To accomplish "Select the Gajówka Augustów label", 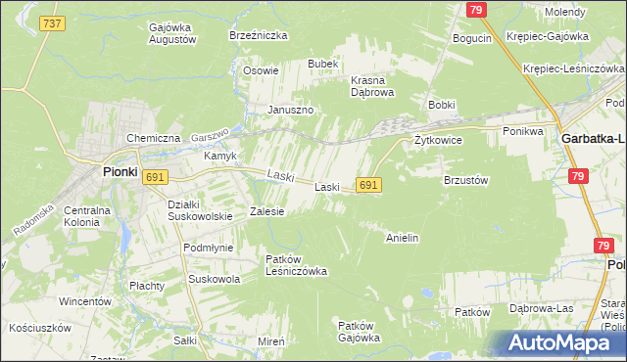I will point(172,33).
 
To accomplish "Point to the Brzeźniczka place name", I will point(258,34).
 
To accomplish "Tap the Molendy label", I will point(565,12).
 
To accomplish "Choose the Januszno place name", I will point(291,110).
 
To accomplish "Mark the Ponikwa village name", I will point(522,130).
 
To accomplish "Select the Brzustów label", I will point(465,180).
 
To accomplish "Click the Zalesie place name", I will point(266,210).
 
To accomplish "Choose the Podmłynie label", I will point(208,248).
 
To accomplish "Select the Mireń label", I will point(271,340).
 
